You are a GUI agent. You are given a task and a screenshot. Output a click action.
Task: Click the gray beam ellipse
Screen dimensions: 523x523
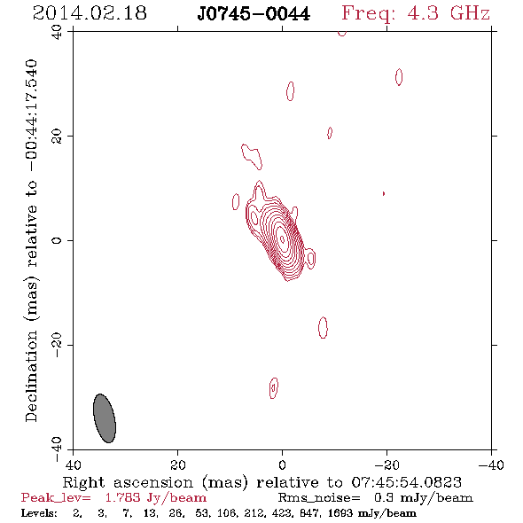click(105, 418)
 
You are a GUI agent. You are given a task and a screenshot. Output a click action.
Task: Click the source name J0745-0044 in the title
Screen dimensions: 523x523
click(254, 13)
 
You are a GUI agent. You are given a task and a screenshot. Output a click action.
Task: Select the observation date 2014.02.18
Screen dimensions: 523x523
click(90, 13)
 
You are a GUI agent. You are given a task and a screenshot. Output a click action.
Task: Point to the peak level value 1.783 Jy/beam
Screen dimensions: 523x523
click(156, 497)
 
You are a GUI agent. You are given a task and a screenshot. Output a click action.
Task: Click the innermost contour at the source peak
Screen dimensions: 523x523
click(282, 238)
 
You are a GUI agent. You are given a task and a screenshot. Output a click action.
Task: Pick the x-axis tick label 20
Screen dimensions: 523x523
click(178, 465)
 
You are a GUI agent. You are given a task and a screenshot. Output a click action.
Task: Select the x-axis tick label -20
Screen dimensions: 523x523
click(386, 465)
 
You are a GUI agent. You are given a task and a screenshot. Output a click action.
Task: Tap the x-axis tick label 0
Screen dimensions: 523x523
click(282, 465)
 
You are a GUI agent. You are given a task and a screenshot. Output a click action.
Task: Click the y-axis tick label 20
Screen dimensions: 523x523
click(57, 137)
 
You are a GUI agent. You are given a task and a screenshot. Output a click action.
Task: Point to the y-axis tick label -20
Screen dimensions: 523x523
click(57, 345)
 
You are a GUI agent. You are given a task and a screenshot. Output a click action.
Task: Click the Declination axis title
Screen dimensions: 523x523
click(31, 240)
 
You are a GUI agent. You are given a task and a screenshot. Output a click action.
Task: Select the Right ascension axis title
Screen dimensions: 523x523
click(261, 482)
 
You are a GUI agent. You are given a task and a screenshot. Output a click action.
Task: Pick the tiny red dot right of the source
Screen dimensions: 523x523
click(384, 193)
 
